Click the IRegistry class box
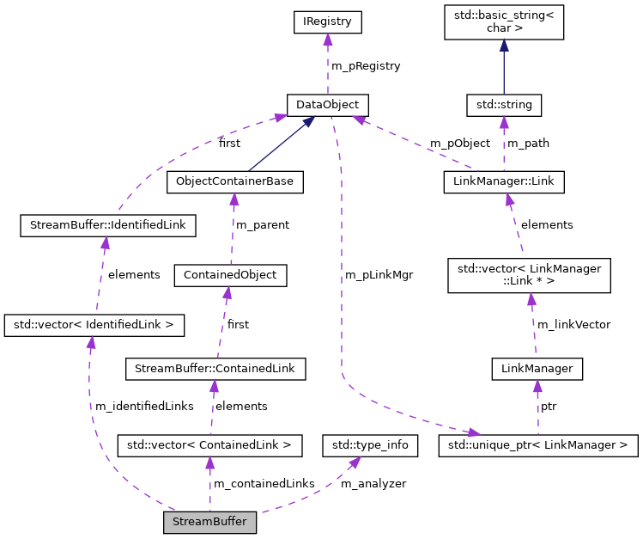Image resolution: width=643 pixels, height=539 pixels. (x=327, y=22)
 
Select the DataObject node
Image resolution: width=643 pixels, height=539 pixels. (x=327, y=105)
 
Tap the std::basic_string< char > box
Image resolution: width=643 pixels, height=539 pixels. (x=503, y=22)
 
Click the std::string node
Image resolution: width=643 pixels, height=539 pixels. (x=503, y=105)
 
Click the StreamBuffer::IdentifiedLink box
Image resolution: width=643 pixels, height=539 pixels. (x=108, y=226)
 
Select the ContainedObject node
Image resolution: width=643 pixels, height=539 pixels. (x=229, y=275)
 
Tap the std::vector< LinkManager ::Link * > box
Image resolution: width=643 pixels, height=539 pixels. (x=530, y=275)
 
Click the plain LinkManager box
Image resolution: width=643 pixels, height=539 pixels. (x=537, y=369)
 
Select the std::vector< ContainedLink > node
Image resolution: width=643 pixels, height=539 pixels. (x=209, y=445)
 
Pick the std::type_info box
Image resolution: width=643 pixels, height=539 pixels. (x=370, y=445)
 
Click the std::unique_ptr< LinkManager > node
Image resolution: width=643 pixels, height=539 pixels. (x=538, y=445)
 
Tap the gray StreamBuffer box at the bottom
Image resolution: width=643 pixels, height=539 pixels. (x=210, y=522)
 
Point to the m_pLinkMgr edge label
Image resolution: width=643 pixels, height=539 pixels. (x=379, y=275)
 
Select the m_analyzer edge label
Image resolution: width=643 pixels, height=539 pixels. (x=373, y=484)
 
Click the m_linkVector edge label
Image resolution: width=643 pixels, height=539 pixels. (x=573, y=324)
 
